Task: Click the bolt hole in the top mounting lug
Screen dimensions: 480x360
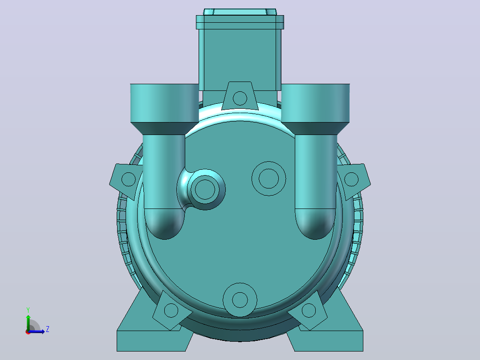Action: point(240,98)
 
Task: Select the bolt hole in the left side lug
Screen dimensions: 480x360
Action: point(129,179)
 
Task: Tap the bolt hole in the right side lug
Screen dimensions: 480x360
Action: point(351,179)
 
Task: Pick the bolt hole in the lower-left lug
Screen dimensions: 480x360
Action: point(171,311)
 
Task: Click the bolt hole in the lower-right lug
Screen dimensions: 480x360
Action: point(309,311)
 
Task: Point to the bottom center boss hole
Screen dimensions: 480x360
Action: point(240,300)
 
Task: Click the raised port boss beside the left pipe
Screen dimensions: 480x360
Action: point(205,189)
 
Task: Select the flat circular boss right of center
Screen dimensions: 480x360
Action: point(269,178)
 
